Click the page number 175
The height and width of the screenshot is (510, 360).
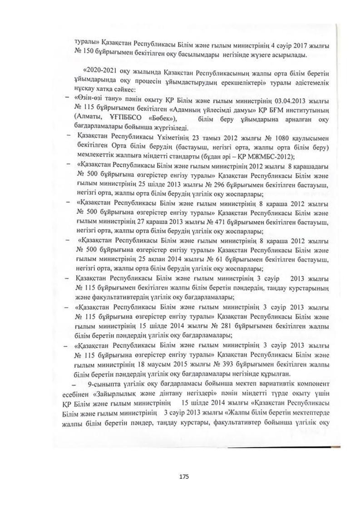[184, 476]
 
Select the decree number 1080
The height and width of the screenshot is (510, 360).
[274, 138]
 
